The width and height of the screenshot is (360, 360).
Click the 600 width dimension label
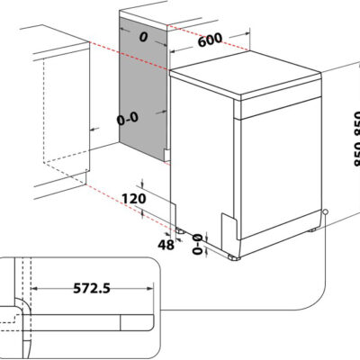(x=211, y=40)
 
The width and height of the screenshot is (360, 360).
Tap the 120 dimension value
(x=134, y=199)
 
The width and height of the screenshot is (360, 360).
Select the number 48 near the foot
(x=166, y=245)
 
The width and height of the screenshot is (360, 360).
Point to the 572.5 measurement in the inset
(x=92, y=288)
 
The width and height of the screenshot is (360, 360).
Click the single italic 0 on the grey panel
(x=144, y=37)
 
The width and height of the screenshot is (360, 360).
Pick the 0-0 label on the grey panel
(x=128, y=118)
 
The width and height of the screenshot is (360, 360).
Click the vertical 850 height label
(x=357, y=139)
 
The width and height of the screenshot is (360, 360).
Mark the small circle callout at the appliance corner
(x=325, y=211)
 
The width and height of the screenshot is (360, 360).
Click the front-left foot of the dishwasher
(x=234, y=257)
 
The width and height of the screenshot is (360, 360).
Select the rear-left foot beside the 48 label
(x=180, y=230)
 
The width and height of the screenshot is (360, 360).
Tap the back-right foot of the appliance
(x=312, y=229)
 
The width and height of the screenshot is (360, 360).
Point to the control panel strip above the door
(x=281, y=107)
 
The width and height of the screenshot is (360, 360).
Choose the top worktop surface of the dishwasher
(x=246, y=73)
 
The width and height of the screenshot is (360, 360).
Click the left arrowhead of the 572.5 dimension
(x=34, y=289)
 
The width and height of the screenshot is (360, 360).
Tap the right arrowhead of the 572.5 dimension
(x=150, y=289)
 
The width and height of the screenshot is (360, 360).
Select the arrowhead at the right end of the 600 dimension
(x=247, y=33)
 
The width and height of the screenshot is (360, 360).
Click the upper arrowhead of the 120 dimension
(x=142, y=183)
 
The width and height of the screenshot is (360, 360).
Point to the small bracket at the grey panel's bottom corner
(x=166, y=155)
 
